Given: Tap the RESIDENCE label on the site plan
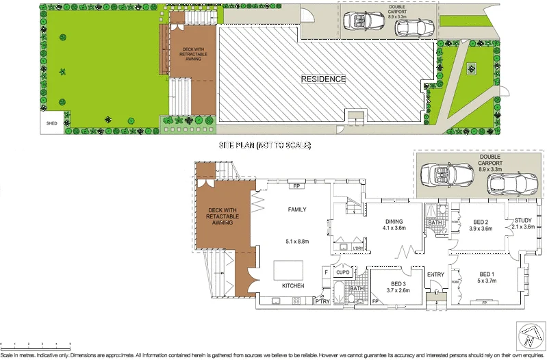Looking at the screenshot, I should tap(324, 79).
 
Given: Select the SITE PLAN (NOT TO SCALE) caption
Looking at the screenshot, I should tap(265, 145).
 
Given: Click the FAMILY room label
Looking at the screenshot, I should tap(296, 209).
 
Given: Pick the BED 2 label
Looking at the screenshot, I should tap(481, 222).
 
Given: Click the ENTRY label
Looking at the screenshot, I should tap(435, 275).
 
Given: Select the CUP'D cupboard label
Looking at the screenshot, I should tap(342, 272).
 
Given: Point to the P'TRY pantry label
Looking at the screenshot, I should tap(322, 301).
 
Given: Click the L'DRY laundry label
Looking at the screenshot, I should tap(358, 247).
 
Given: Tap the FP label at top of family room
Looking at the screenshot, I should tap(297, 186).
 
